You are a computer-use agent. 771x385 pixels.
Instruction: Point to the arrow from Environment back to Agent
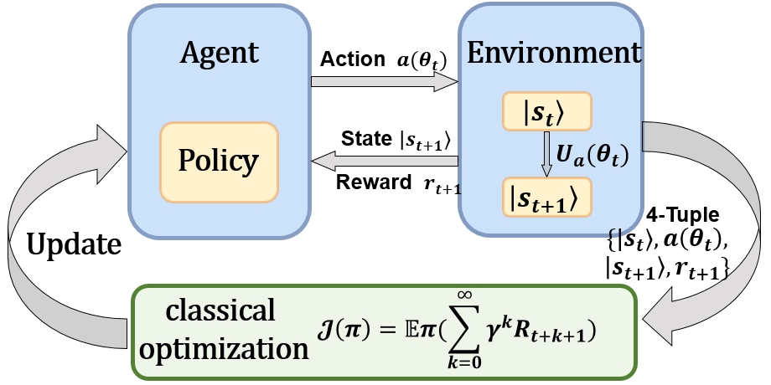pyautogui.click(x=385, y=159)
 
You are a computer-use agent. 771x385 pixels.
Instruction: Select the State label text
pyautogui.click(x=363, y=136)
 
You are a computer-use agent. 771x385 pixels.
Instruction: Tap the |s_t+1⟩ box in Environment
pyautogui.click(x=546, y=198)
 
